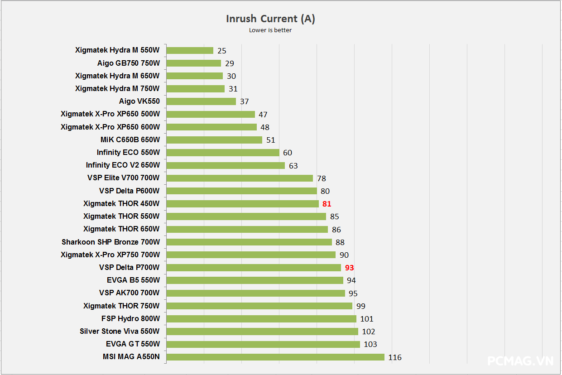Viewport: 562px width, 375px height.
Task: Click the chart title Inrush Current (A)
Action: point(270,19)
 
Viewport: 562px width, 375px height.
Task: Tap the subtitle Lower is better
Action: point(270,30)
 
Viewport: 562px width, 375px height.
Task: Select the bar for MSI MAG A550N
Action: point(275,357)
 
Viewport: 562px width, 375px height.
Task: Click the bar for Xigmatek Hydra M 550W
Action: point(190,50)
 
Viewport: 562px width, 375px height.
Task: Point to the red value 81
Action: point(327,204)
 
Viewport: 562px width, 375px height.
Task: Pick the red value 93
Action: point(349,268)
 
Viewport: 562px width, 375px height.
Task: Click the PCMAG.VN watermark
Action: point(520,361)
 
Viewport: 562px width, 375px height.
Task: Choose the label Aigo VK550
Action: point(139,101)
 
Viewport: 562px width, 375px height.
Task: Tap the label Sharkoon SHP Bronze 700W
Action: point(111,242)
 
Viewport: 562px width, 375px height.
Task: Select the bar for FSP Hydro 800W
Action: point(261,319)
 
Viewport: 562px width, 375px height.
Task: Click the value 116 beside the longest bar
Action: point(394,357)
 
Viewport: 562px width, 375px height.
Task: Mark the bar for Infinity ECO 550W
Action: point(223,153)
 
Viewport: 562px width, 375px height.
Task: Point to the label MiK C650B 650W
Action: point(130,140)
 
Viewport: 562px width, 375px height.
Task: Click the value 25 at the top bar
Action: point(221,51)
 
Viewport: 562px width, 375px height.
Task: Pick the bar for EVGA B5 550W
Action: point(255,280)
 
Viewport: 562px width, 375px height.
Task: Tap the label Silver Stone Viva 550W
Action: point(120,331)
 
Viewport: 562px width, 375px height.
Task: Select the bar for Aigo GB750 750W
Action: point(193,63)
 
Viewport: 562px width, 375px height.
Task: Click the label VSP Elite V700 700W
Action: point(124,178)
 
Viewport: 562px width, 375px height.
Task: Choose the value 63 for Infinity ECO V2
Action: point(293,166)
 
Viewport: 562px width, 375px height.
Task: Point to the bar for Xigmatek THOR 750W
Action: point(259,306)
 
